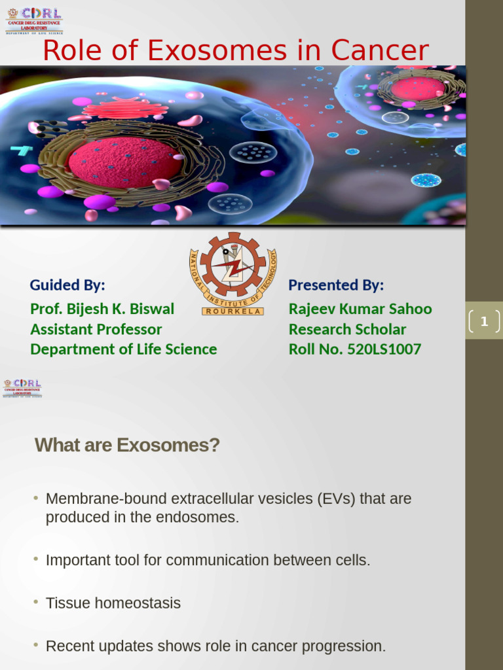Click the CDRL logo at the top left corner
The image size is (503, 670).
coord(34,20)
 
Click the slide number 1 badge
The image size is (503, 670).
coord(484,321)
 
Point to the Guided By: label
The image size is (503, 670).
coord(67,285)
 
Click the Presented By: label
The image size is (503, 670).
coord(336,285)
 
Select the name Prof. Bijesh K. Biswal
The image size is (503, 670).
coord(102,309)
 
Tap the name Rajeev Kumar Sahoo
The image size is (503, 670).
coord(360,309)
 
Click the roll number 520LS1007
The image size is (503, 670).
coord(384,349)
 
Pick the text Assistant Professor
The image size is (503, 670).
coord(96,329)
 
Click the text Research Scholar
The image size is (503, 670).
coord(347,329)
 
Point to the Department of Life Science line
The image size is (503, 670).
coord(123,349)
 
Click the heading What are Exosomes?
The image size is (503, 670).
coord(127,446)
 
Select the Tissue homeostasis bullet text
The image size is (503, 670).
coord(113,603)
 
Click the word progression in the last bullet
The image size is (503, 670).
coord(346,646)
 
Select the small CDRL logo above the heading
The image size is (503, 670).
coord(22,387)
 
